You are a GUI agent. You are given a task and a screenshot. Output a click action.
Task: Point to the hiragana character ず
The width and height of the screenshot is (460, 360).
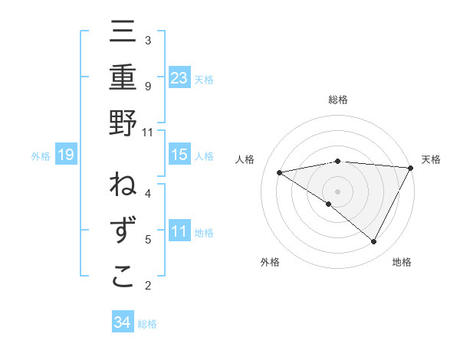pyautogui.click(x=123, y=231)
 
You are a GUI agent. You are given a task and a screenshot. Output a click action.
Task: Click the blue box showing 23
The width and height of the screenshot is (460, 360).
pyautogui.click(x=179, y=77)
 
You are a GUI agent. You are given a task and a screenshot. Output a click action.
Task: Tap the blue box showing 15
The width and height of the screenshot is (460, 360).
pyautogui.click(x=179, y=155)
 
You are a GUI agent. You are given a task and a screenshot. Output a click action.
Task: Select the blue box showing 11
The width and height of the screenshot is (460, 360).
pyautogui.click(x=179, y=231)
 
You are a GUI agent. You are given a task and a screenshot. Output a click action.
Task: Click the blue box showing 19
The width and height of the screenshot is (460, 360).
pyautogui.click(x=66, y=155)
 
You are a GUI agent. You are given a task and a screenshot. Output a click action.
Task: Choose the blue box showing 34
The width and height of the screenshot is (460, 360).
pyautogui.click(x=122, y=322)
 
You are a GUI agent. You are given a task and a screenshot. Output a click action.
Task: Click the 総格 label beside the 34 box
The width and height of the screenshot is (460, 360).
pyautogui.click(x=148, y=324)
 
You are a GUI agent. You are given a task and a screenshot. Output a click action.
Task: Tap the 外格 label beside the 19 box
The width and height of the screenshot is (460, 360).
pyautogui.click(x=41, y=156)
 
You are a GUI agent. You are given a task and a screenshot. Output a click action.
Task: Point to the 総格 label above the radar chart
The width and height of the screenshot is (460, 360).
pyautogui.click(x=338, y=100)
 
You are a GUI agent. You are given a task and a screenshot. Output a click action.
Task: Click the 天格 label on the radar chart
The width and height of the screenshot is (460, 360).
pyautogui.click(x=432, y=159)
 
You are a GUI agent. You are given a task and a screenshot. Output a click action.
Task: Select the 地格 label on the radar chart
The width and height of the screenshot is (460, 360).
pyautogui.click(x=402, y=262)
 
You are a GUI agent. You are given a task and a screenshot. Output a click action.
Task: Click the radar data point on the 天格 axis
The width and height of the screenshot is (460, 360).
pyautogui.click(x=411, y=168)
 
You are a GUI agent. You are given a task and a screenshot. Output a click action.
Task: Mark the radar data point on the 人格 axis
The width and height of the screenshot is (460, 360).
pyautogui.click(x=280, y=172)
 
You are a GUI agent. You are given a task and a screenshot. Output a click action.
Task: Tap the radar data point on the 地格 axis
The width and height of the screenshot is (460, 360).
pyautogui.click(x=374, y=242)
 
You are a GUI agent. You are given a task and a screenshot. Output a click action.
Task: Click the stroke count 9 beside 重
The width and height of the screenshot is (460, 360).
pyautogui.click(x=147, y=86)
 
